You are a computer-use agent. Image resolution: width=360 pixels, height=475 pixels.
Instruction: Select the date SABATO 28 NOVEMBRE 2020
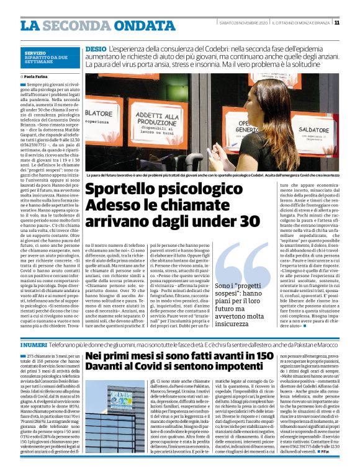(x=241, y=23)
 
